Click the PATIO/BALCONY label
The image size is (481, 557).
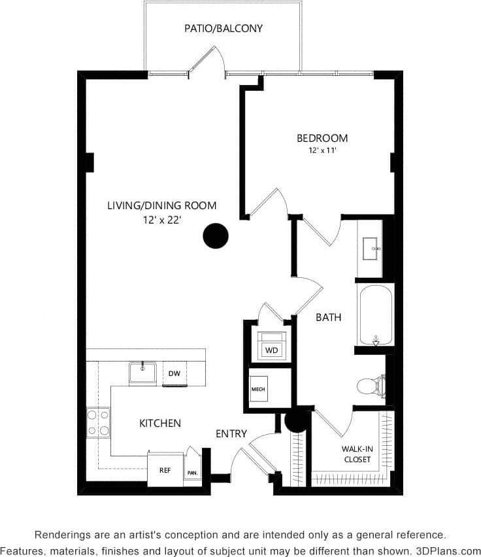[224, 28]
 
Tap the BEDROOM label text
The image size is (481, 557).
[322, 138]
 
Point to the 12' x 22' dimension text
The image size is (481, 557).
[162, 220]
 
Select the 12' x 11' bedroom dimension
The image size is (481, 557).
[322, 150]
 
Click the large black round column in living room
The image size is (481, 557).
[216, 236]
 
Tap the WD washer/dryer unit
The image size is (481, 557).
[271, 350]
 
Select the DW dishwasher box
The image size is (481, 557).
[174, 374]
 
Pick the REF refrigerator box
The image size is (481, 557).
[165, 470]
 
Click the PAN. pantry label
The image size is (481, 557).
[193, 472]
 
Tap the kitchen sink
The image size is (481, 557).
[142, 373]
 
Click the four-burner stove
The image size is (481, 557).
[98, 422]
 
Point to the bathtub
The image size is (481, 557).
[376, 314]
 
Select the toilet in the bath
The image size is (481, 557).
[369, 386]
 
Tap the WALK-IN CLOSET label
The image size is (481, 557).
[356, 454]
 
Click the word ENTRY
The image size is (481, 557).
[231, 433]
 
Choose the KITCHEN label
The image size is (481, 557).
[160, 423]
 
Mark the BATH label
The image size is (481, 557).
[328, 317]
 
